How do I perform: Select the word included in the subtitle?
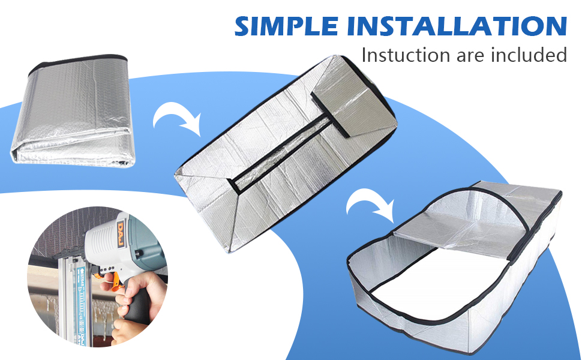528,55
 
